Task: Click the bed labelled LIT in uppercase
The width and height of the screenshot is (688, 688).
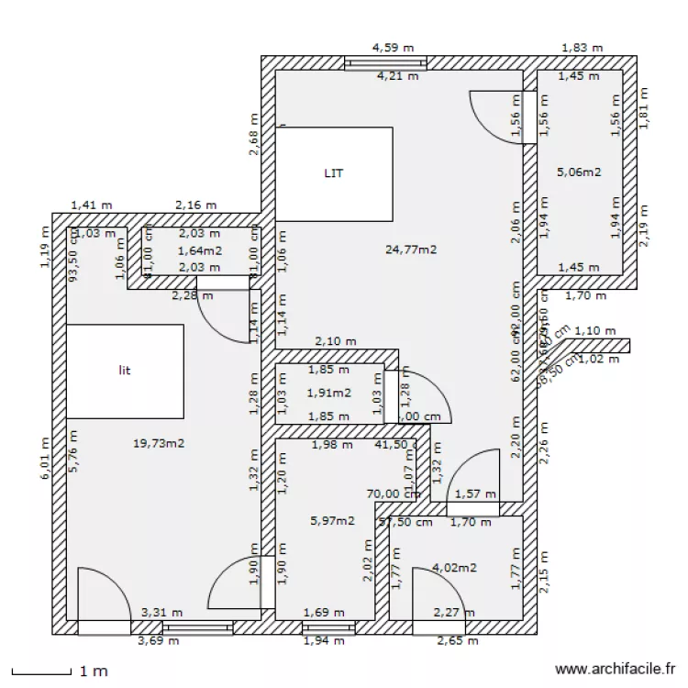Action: pos(334,173)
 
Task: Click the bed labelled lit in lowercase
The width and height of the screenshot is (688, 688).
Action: pos(125,371)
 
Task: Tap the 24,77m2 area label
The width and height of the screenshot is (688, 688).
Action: pos(411,249)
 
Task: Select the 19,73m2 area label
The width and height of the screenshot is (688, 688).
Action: pos(159,443)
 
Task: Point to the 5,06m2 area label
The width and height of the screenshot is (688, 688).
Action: pos(579,171)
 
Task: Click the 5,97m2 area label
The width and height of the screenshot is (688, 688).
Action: pos(332,520)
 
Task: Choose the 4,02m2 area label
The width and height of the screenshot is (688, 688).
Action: pos(454,568)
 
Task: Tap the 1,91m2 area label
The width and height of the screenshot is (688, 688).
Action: pos(328,393)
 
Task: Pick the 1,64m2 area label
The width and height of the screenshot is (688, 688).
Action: pos(199,250)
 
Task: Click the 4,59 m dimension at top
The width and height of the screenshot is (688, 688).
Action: pos(392,46)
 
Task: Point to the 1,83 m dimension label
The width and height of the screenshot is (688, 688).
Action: pos(582,46)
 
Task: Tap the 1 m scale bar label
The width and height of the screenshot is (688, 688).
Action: pos(94,672)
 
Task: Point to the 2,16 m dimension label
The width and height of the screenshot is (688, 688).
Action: pos(196,205)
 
